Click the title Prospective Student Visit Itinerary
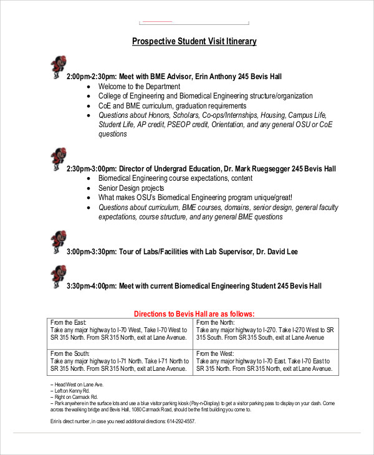pyautogui.click(x=194, y=41)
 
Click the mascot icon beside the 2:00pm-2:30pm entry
pyautogui.click(x=57, y=66)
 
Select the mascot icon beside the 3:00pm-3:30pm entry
pyautogui.click(x=57, y=241)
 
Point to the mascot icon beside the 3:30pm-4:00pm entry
pyautogui.click(x=57, y=275)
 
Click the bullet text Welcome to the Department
pyautogui.click(x=139, y=87)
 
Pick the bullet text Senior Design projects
pyautogui.click(x=131, y=188)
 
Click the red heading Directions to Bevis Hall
pyautogui.click(x=194, y=314)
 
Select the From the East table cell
pyautogui.click(x=120, y=330)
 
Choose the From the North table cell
pyautogui.click(x=266, y=330)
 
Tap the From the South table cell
pyautogui.click(x=120, y=361)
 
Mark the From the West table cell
pyautogui.click(x=266, y=361)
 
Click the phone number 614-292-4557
pyautogui.click(x=181, y=421)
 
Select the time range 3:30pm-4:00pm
pyautogui.click(x=92, y=286)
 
